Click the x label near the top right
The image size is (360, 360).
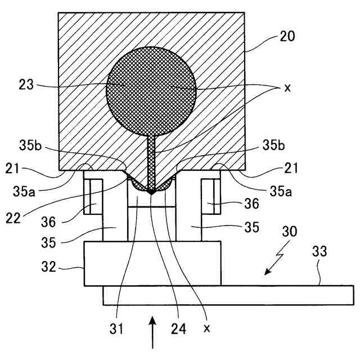click(x=288, y=89)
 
